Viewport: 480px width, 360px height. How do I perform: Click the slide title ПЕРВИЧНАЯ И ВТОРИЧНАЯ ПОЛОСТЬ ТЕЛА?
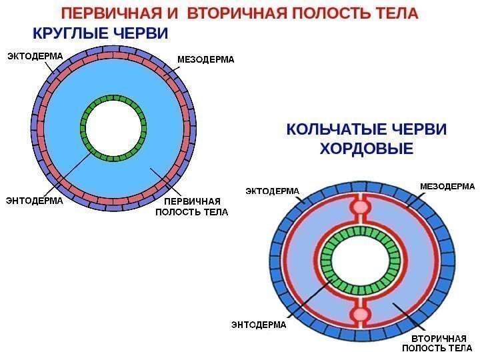coord(239,13)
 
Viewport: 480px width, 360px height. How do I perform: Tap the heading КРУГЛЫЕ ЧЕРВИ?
coord(101,33)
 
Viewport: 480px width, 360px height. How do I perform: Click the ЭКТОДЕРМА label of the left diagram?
coord(35,57)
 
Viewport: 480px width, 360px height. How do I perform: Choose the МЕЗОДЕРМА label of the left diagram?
coord(206,60)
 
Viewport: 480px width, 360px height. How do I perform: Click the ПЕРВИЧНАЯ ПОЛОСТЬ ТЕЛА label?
coord(191,207)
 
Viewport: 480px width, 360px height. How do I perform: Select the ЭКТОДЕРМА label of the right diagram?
coord(273,191)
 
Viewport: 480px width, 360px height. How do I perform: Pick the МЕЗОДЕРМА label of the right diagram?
coord(447,186)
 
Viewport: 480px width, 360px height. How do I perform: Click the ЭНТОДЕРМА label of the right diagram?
coord(258,325)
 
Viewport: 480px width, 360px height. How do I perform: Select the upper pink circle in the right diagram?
coord(360,207)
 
